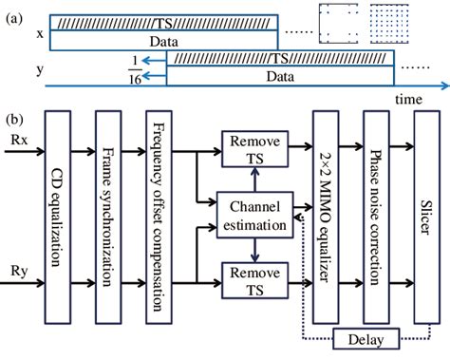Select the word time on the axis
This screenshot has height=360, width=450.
(408, 99)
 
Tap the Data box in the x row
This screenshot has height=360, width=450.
(162, 41)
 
